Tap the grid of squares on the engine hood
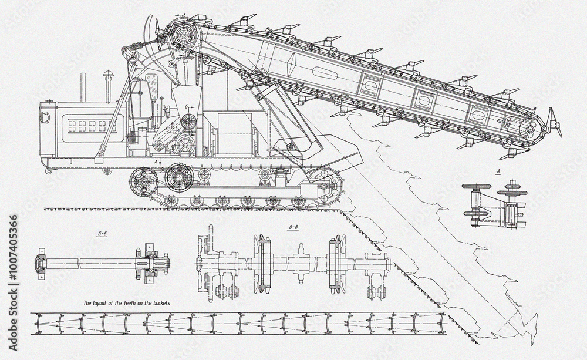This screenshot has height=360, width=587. pyautogui.click(x=88, y=126)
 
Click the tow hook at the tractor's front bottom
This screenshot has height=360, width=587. pyautogui.click(x=47, y=171)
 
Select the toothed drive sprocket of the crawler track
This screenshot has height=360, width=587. pyautogui.click(x=178, y=175)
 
